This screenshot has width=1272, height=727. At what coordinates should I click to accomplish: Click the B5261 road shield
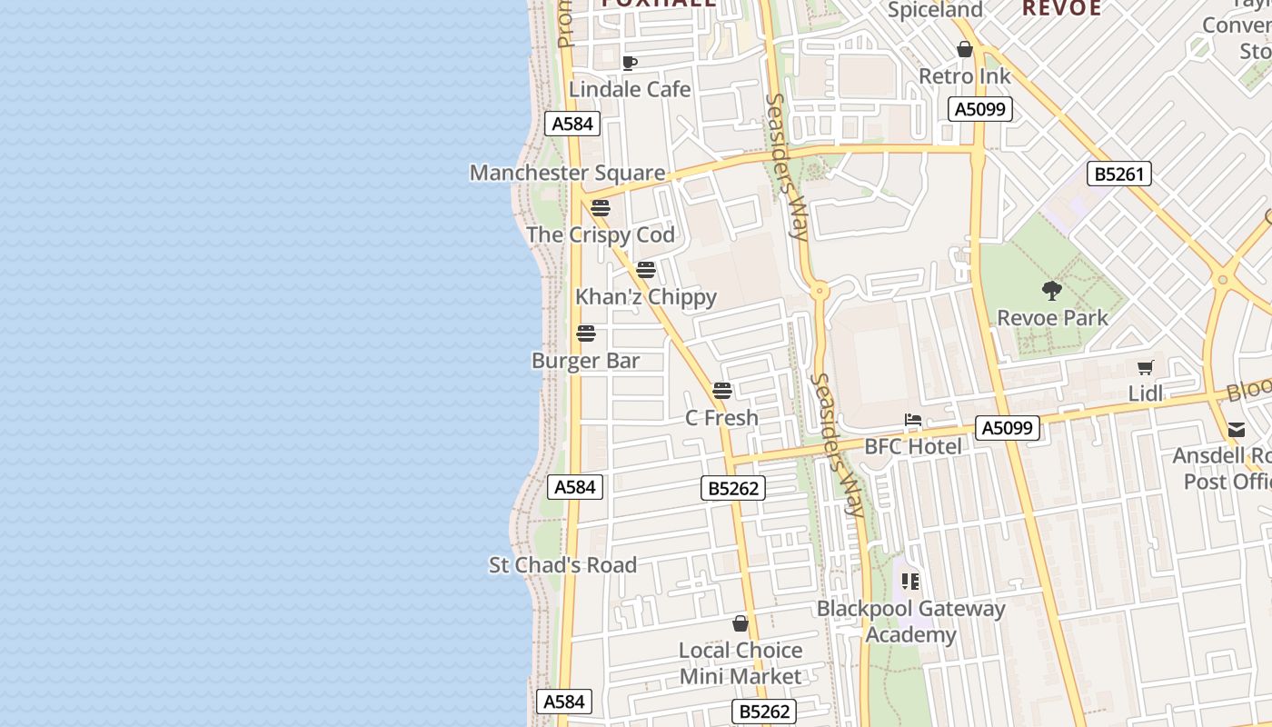click(x=1118, y=174)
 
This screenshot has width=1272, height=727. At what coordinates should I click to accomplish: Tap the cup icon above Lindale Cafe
click(x=629, y=63)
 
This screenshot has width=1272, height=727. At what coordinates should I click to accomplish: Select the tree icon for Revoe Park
click(x=1052, y=291)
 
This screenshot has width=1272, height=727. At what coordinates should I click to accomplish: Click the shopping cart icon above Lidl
click(x=1146, y=367)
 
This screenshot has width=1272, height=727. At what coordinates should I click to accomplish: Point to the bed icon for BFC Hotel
click(x=913, y=420)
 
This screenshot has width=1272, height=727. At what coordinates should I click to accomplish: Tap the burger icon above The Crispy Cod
click(x=600, y=208)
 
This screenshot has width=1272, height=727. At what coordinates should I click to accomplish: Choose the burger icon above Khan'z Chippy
click(x=646, y=270)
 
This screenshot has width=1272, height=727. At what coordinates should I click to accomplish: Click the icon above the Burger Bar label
click(x=586, y=334)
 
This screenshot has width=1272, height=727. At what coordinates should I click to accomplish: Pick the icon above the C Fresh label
click(x=722, y=391)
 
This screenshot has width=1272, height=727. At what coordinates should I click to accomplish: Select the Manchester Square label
click(x=567, y=173)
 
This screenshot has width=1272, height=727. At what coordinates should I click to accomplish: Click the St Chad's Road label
click(x=562, y=565)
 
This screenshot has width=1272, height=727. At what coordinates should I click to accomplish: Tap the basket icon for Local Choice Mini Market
click(x=740, y=623)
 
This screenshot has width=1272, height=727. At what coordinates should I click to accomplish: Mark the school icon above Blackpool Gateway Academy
click(x=910, y=582)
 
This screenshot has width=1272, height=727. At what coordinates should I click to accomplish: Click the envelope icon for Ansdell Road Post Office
click(x=1237, y=429)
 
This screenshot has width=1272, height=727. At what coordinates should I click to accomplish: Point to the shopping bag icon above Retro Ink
click(x=965, y=49)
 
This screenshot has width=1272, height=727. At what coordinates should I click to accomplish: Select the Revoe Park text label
click(x=1052, y=318)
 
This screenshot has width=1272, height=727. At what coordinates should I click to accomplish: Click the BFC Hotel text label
click(x=912, y=446)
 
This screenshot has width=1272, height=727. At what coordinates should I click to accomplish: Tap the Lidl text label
click(x=1146, y=393)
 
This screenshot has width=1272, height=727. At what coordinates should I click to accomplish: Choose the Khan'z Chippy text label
click(x=646, y=297)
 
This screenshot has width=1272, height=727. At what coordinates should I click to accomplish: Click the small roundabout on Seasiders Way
click(x=820, y=292)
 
